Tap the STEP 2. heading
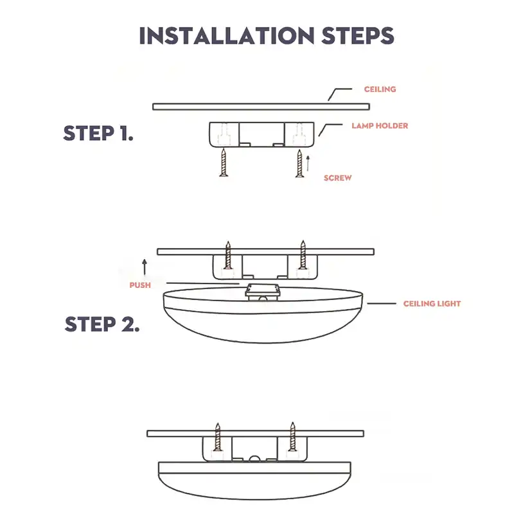(102, 324)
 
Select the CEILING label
(380, 89)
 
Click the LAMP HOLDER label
(379, 126)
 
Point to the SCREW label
(338, 178)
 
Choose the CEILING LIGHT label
(432, 303)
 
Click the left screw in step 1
(223, 162)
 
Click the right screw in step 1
(299, 163)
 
